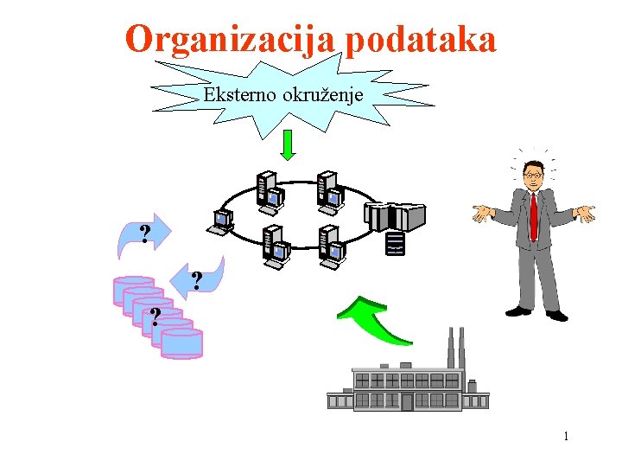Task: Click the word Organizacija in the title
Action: click(232, 40)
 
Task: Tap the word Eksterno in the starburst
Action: click(238, 94)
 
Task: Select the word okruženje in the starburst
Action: click(321, 94)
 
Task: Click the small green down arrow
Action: click(289, 144)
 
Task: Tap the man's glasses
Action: click(533, 175)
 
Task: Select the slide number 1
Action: click(566, 437)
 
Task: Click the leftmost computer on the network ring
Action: click(220, 222)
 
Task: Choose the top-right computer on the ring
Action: click(327, 191)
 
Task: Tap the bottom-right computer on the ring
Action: click(331, 245)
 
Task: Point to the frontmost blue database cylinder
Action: click(182, 342)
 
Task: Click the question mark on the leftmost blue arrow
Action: click(145, 233)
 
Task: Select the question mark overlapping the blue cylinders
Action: click(155, 317)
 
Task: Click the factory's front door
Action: click(407, 401)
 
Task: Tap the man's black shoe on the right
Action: click(556, 316)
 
